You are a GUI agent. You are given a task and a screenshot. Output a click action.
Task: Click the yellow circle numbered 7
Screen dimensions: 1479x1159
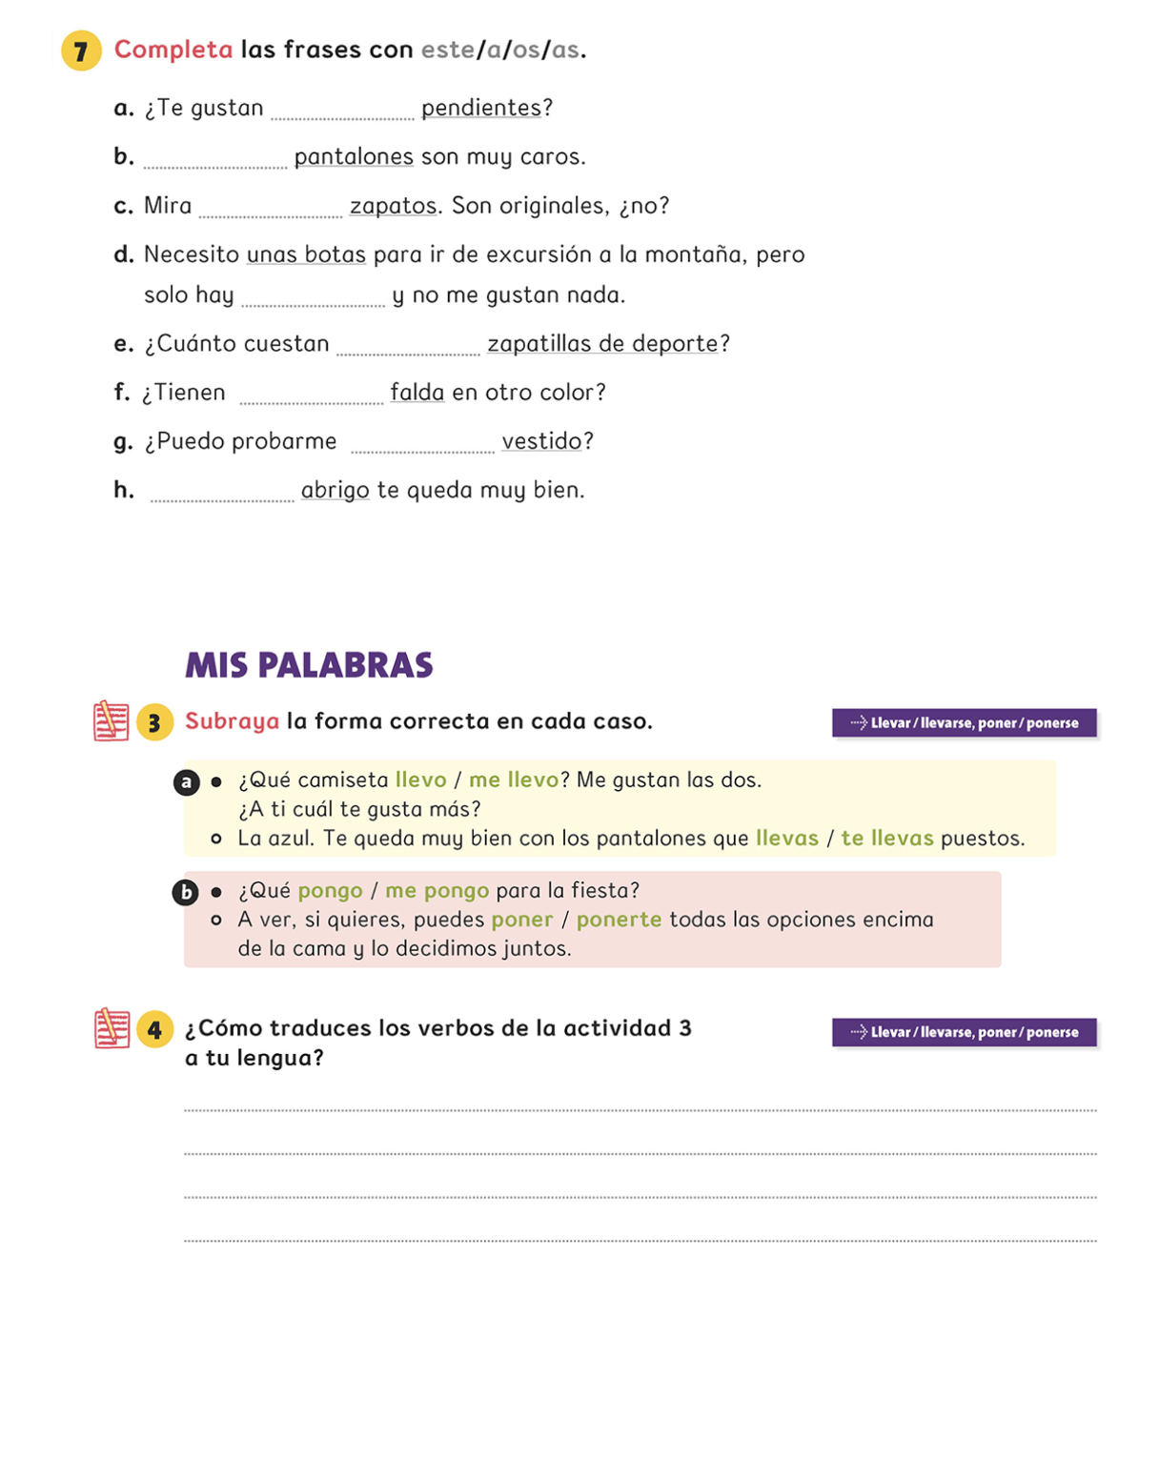pyautogui.click(x=81, y=51)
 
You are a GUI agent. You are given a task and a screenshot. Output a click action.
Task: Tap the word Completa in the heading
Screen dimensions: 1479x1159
pyautogui.click(x=173, y=50)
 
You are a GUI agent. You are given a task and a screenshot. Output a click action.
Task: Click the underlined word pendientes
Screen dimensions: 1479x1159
pyautogui.click(x=481, y=108)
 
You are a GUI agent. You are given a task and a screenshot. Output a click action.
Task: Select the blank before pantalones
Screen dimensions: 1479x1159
pyautogui.click(x=215, y=161)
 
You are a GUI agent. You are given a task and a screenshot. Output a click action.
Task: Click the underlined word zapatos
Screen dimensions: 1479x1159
pyautogui.click(x=393, y=206)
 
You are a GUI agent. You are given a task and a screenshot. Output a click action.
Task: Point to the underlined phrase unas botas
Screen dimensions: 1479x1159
pyautogui.click(x=306, y=254)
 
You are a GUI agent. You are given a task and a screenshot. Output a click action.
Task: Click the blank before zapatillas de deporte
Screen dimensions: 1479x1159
pyautogui.click(x=408, y=348)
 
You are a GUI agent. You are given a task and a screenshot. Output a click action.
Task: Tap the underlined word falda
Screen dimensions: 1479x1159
pyautogui.click(x=417, y=393)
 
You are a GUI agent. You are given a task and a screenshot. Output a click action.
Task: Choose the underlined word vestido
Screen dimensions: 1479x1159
pyautogui.click(x=541, y=441)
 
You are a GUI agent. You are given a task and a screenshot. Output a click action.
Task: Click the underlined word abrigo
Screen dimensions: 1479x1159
pyautogui.click(x=335, y=490)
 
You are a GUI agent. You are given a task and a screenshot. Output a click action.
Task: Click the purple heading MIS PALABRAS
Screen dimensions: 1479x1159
pyautogui.click(x=309, y=665)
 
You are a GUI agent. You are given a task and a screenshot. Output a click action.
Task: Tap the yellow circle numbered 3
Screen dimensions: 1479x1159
pyautogui.click(x=154, y=722)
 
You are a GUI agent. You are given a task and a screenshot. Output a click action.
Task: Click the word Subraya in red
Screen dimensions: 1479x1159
pyautogui.click(x=232, y=721)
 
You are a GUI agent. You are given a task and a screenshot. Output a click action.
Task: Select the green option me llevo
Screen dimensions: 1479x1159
pyautogui.click(x=513, y=780)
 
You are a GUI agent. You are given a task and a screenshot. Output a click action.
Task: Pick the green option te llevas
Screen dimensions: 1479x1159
pyautogui.click(x=886, y=839)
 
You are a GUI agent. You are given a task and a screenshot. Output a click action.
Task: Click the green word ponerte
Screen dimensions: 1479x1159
pyautogui.click(x=619, y=920)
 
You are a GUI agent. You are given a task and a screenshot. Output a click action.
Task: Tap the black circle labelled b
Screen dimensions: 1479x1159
pyautogui.click(x=185, y=893)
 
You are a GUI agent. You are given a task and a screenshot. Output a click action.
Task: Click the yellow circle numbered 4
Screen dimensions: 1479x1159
pyautogui.click(x=154, y=1030)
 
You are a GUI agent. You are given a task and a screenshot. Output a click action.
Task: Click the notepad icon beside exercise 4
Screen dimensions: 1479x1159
pyautogui.click(x=112, y=1029)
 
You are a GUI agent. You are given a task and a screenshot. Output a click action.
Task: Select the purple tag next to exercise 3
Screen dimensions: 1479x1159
pyautogui.click(x=964, y=723)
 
